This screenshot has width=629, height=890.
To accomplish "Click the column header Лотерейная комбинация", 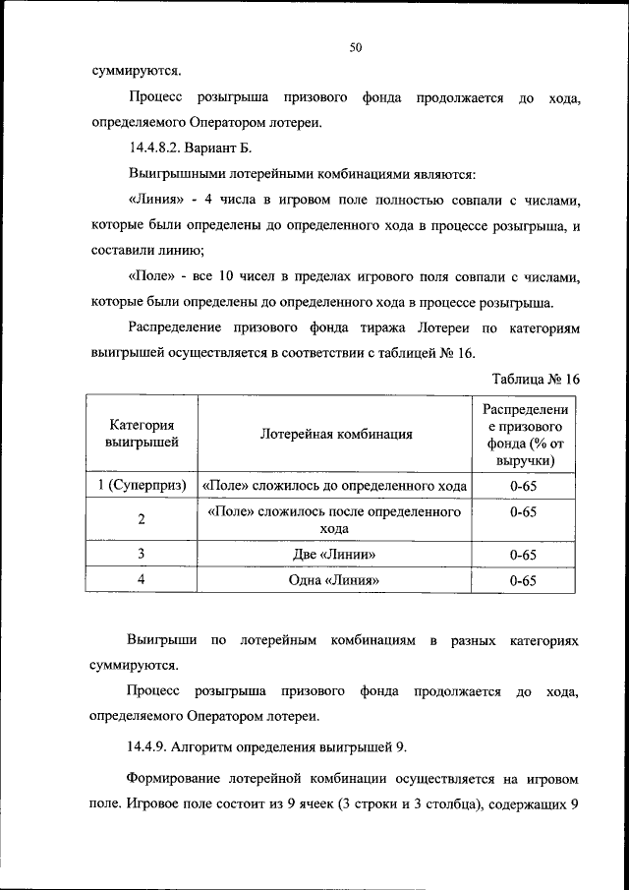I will click(336, 434).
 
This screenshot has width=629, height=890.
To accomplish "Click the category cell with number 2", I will click(142, 519).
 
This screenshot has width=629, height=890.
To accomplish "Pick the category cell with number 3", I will click(142, 555).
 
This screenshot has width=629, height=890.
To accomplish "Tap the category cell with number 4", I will click(142, 580).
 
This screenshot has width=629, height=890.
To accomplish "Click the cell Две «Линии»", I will click(335, 555).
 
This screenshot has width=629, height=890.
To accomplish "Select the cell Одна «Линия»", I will click(335, 581).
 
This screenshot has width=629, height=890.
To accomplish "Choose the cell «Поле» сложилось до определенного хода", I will click(335, 486).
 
